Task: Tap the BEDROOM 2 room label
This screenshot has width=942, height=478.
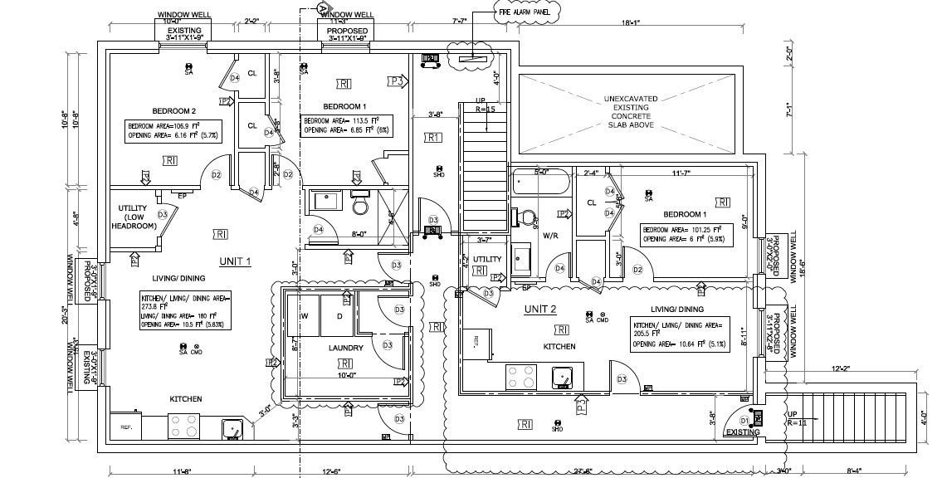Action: [x=173, y=110]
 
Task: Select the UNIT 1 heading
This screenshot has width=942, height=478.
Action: [x=235, y=261]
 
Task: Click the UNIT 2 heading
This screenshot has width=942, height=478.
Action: [x=539, y=310]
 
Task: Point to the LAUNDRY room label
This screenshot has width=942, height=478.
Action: [x=345, y=348]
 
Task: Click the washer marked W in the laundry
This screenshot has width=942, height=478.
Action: [x=305, y=316]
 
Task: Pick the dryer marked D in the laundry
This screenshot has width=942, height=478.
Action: [x=339, y=316]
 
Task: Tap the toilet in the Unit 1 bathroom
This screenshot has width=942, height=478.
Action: [x=359, y=202]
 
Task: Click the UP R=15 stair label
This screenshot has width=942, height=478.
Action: [x=486, y=105]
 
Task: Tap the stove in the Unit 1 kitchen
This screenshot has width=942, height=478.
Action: [x=185, y=426]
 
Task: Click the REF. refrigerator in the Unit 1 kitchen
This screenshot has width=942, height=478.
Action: [x=128, y=427]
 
